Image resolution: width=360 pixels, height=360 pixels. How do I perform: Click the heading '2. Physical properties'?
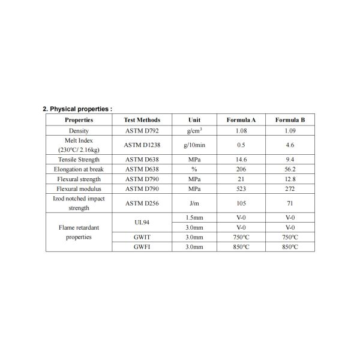(x=77, y=109)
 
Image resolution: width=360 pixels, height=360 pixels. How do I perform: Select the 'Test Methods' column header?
(x=142, y=120)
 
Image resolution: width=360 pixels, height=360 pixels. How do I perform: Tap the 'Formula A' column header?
(x=241, y=120)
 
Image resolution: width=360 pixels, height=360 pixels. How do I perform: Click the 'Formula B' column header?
(x=290, y=120)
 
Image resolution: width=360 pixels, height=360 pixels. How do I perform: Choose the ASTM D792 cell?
(x=142, y=130)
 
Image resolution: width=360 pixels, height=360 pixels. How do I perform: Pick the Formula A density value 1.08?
(x=241, y=130)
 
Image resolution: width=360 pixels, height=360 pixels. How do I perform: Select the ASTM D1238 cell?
(x=142, y=145)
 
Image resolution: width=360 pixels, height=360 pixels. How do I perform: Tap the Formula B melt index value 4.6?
(x=290, y=145)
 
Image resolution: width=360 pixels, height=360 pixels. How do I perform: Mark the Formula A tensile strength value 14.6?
(x=241, y=160)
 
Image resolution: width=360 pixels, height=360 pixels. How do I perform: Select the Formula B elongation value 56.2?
(x=290, y=169)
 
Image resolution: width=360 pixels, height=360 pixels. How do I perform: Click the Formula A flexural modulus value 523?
(x=241, y=188)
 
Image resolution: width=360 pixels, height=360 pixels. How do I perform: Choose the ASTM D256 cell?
(x=142, y=203)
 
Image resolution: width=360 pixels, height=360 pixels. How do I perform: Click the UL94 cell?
(x=142, y=223)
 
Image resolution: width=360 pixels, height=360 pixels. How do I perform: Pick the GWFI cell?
(x=142, y=247)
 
